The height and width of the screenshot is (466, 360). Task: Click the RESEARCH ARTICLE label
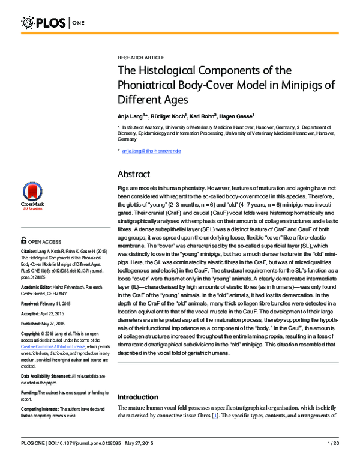(x=140, y=57)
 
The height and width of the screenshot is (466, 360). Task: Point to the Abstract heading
(x=136, y=174)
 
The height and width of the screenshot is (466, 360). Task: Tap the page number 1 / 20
(x=334, y=460)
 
